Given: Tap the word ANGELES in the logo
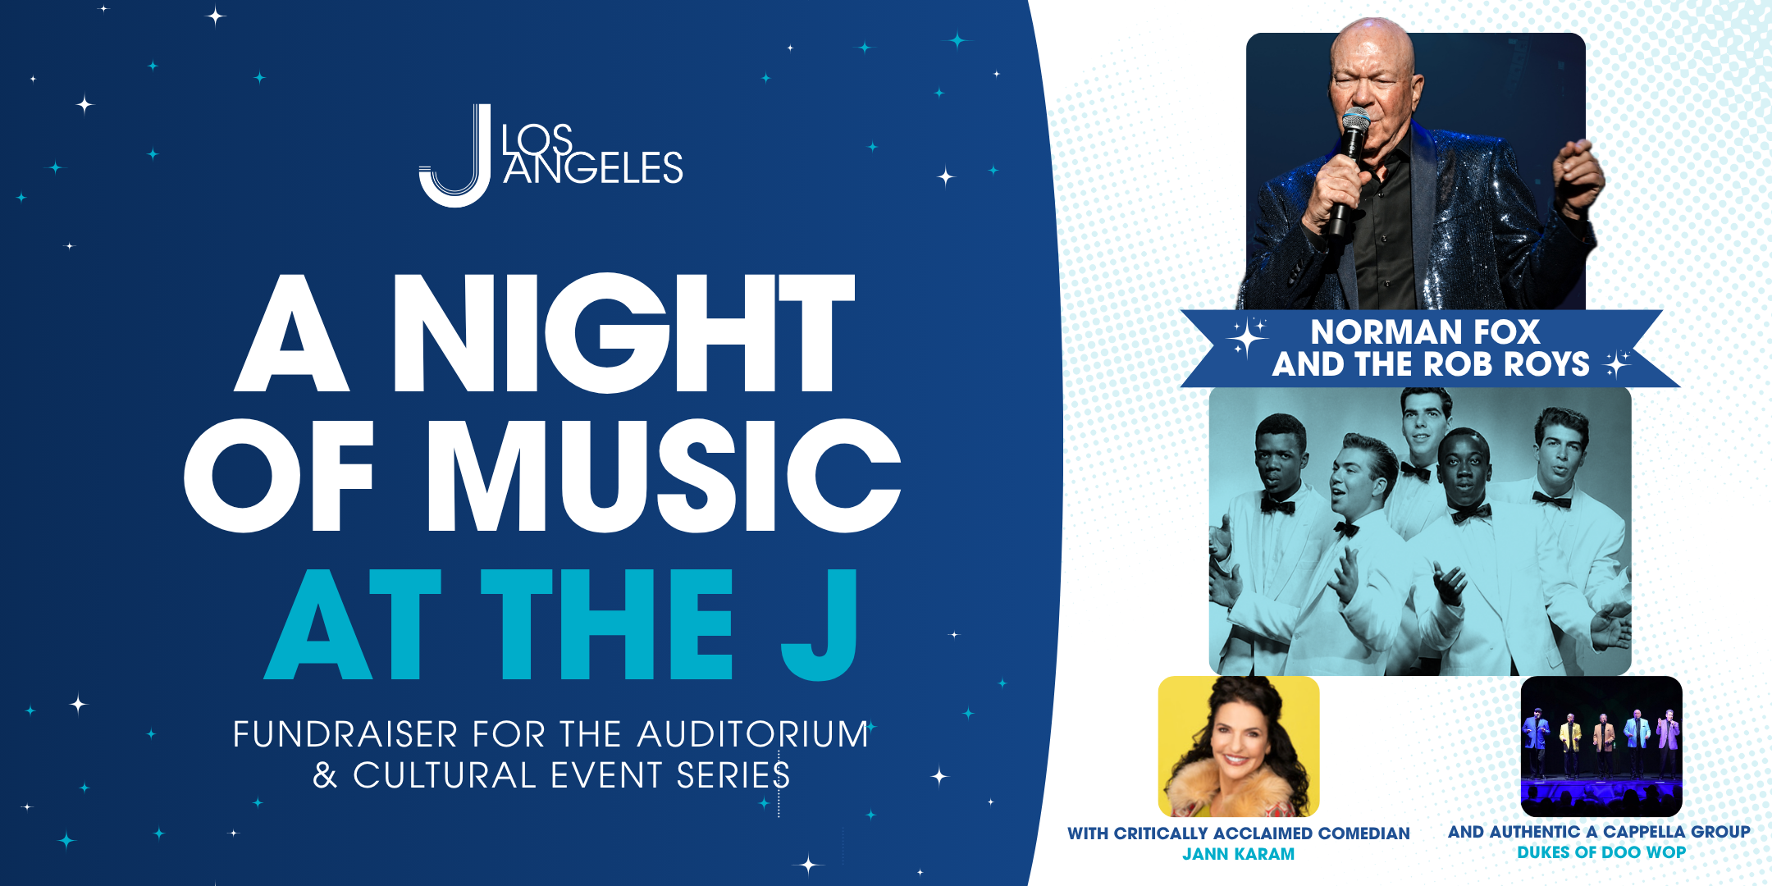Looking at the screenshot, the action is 593,169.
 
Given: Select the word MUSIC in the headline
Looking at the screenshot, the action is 664,476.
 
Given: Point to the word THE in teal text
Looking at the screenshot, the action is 606,624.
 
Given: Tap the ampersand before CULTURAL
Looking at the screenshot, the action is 325,775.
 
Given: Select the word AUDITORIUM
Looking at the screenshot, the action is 753,734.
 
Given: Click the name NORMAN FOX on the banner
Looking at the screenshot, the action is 1425,331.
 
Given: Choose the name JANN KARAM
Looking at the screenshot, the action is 1239,854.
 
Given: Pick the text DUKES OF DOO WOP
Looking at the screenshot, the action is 1601,852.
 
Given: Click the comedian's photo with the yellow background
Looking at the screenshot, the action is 1239,746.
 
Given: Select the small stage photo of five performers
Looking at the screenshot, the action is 1601,746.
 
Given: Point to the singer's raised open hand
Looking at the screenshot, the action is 1577,176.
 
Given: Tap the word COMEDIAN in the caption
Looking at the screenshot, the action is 1363,833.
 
